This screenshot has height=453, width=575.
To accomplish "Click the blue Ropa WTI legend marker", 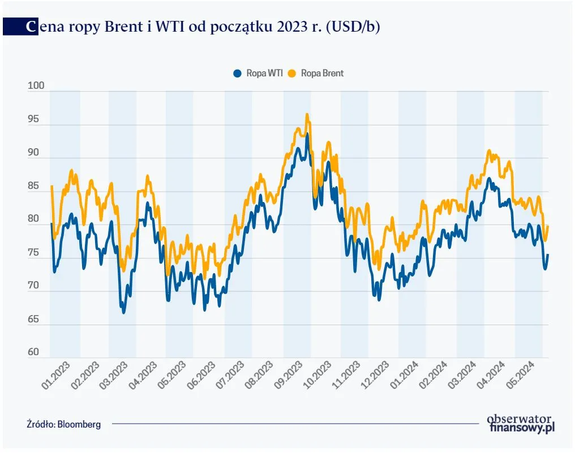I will [x=238, y=74].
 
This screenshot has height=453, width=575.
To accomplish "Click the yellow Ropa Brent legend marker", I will [x=293, y=74].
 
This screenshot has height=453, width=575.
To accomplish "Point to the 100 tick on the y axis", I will [x=36, y=86].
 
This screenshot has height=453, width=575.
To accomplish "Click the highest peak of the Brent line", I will [x=307, y=115].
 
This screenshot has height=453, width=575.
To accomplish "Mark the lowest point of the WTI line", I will [x=124, y=312].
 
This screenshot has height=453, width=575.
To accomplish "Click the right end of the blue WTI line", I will [x=548, y=255].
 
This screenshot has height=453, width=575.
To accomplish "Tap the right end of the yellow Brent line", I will [x=548, y=226].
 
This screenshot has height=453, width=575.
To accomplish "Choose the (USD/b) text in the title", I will [x=352, y=27].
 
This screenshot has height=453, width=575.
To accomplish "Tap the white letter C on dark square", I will [x=32, y=27].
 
